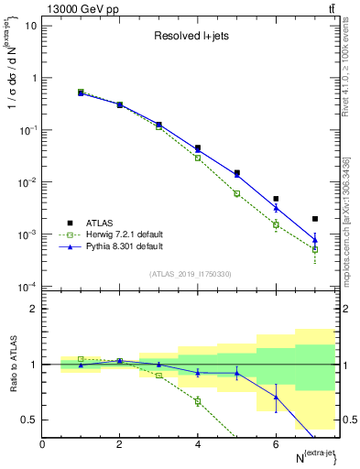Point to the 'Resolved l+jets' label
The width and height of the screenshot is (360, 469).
tap(191, 37)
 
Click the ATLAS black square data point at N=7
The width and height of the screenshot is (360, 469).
tap(315, 219)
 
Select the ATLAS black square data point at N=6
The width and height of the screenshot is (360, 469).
tap(276, 199)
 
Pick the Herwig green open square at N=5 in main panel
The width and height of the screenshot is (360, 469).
tap(236, 193)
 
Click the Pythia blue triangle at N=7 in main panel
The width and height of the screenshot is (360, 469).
tap(315, 240)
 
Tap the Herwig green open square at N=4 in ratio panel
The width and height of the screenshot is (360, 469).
tap(198, 400)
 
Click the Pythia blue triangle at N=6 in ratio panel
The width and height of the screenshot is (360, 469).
tap(276, 397)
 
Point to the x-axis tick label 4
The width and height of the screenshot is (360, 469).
tap(198, 444)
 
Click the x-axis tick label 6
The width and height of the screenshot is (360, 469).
tap(276, 444)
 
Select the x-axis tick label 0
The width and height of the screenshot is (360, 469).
tap(42, 444)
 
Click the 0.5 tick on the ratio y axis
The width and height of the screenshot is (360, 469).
tap(30, 420)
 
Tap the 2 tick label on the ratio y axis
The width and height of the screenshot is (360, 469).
tap(34, 309)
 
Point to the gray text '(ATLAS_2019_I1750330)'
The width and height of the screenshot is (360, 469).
tap(190, 274)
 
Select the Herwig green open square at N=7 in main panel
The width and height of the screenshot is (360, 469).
tap(315, 249)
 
